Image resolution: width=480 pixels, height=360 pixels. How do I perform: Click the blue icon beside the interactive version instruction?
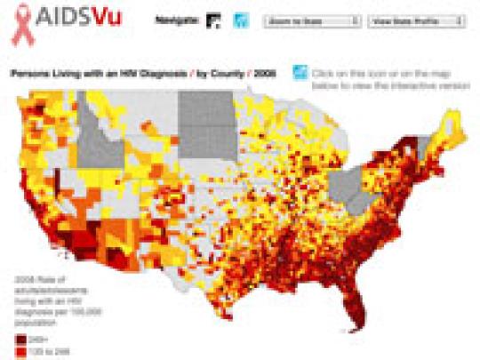(300, 73)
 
